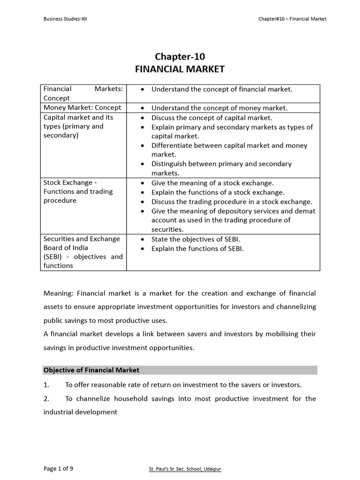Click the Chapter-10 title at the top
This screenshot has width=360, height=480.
pyautogui.click(x=180, y=57)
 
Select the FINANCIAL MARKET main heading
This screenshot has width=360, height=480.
pyautogui.click(x=180, y=69)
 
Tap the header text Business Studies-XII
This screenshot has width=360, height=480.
pyautogui.click(x=65, y=19)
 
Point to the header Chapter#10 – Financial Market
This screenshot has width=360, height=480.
pyautogui.click(x=292, y=19)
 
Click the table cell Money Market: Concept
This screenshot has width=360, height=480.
pyautogui.click(x=82, y=107)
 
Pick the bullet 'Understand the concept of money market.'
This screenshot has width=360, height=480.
pyautogui.click(x=219, y=108)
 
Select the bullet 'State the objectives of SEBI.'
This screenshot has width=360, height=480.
pyautogui.click(x=195, y=239)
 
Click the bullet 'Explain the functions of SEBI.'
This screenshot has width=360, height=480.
pyautogui.click(x=197, y=248)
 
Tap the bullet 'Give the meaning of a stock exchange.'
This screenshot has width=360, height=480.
pyautogui.click(x=212, y=183)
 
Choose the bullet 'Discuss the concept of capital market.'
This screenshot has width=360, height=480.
pyautogui.click(x=211, y=118)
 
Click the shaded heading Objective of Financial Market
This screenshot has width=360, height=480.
pyautogui.click(x=91, y=370)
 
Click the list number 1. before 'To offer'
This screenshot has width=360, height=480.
pyautogui.click(x=46, y=385)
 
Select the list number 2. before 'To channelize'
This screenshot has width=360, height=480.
pyautogui.click(x=46, y=398)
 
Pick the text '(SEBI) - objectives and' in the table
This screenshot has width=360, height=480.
pyautogui.click(x=83, y=256)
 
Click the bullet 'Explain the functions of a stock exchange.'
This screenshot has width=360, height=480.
pyautogui.click(x=218, y=192)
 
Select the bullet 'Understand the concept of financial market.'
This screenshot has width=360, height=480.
pyautogui.click(x=222, y=89)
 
